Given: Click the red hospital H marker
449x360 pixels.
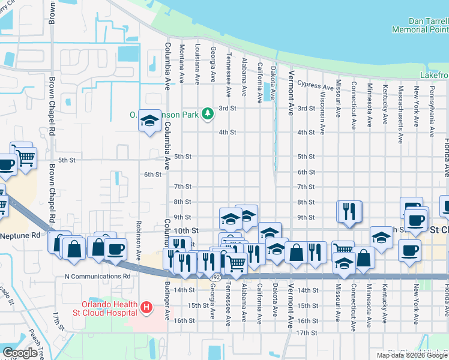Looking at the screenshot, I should [x=145, y=309].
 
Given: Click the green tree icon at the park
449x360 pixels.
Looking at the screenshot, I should [x=207, y=113].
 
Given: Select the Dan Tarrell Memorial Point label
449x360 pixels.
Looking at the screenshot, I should [x=420, y=25].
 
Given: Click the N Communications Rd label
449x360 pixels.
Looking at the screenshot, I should [x=97, y=277].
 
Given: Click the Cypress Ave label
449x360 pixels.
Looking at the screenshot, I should [x=315, y=86].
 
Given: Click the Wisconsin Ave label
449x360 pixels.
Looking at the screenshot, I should [x=322, y=113].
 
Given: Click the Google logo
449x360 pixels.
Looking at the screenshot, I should [x=20, y=353].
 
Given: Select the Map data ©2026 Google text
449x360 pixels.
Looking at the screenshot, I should [x=412, y=355].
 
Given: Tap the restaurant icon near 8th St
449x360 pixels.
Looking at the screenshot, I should [x=349, y=211].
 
